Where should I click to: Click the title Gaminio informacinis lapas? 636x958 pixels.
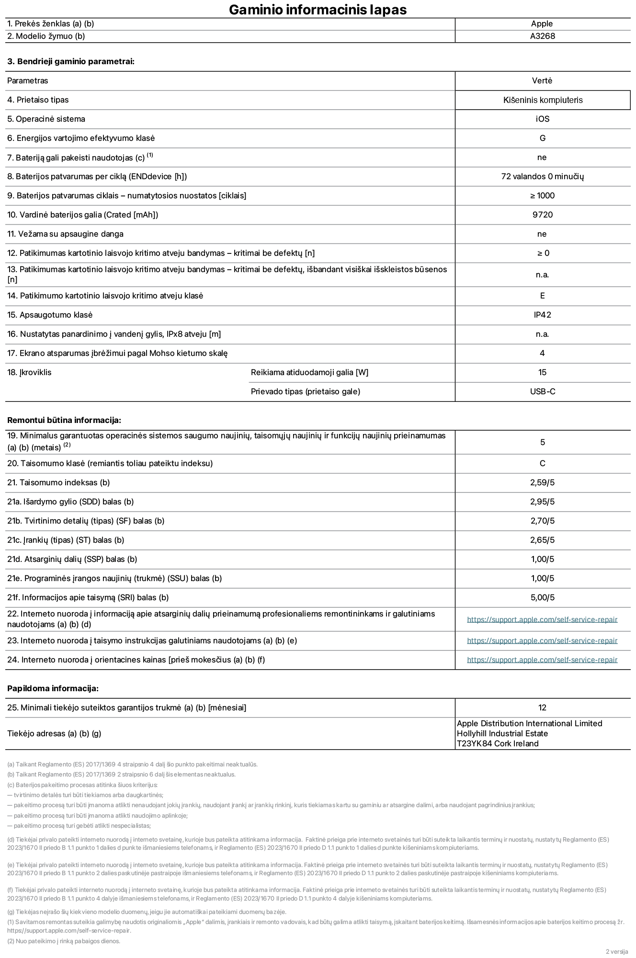pyautogui.click(x=318, y=10)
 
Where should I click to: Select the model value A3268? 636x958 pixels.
pyautogui.click(x=542, y=36)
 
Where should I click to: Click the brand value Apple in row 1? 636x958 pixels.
pyautogui.click(x=542, y=23)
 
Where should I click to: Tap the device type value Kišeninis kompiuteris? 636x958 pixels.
pyautogui.click(x=543, y=100)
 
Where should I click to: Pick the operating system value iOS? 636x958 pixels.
pyautogui.click(x=542, y=119)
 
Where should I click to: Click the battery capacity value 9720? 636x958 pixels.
pyautogui.click(x=542, y=215)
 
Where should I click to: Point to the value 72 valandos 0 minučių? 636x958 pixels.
pyautogui.click(x=542, y=176)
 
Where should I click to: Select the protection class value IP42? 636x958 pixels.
pyautogui.click(x=542, y=315)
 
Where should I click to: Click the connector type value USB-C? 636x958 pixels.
pyautogui.click(x=542, y=391)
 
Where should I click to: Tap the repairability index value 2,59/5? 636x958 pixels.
pyautogui.click(x=542, y=482)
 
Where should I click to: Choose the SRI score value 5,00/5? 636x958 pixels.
pyautogui.click(x=542, y=597)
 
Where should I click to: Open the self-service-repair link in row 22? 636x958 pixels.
pyautogui.click(x=542, y=619)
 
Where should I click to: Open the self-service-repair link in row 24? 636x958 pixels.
pyautogui.click(x=542, y=660)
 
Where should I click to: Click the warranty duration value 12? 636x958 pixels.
pyautogui.click(x=542, y=707)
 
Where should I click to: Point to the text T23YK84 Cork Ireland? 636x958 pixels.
pyautogui.click(x=497, y=743)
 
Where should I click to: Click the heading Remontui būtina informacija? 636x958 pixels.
pyautogui.click(x=64, y=420)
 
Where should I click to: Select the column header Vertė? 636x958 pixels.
pyautogui.click(x=542, y=80)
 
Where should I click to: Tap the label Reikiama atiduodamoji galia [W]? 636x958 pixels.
pyautogui.click(x=309, y=372)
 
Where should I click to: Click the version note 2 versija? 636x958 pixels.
pyautogui.click(x=616, y=951)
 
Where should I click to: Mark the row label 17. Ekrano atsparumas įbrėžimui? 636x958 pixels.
pyautogui.click(x=117, y=353)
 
